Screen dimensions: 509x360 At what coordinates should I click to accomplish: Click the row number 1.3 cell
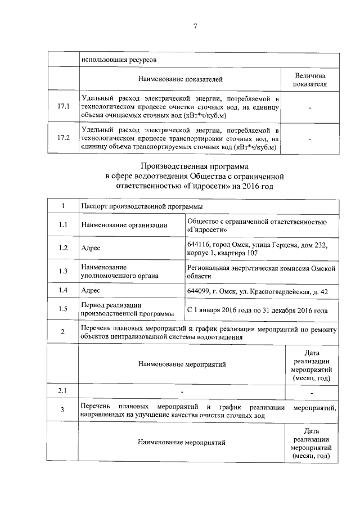coord(63,271)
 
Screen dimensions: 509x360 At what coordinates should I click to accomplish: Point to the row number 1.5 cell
coord(63,308)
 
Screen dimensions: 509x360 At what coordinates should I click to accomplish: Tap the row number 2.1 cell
coord(63,390)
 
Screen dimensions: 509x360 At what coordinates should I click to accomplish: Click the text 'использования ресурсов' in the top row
coord(119,59)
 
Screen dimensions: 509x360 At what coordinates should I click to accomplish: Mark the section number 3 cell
coord(63,410)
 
